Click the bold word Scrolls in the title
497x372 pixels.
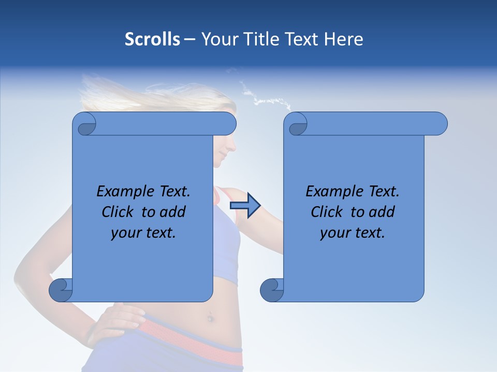152,39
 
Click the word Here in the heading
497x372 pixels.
343,39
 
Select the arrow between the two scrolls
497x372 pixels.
245,206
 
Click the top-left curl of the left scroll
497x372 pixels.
85,124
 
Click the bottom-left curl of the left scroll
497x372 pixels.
61,290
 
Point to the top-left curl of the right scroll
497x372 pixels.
296,124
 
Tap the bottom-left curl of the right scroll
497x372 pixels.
272,290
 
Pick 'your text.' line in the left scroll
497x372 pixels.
143,233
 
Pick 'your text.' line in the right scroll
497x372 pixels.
353,233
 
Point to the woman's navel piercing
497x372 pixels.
210,317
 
